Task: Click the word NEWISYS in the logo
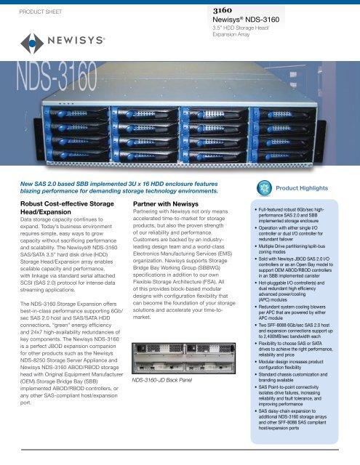pos(65,41)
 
